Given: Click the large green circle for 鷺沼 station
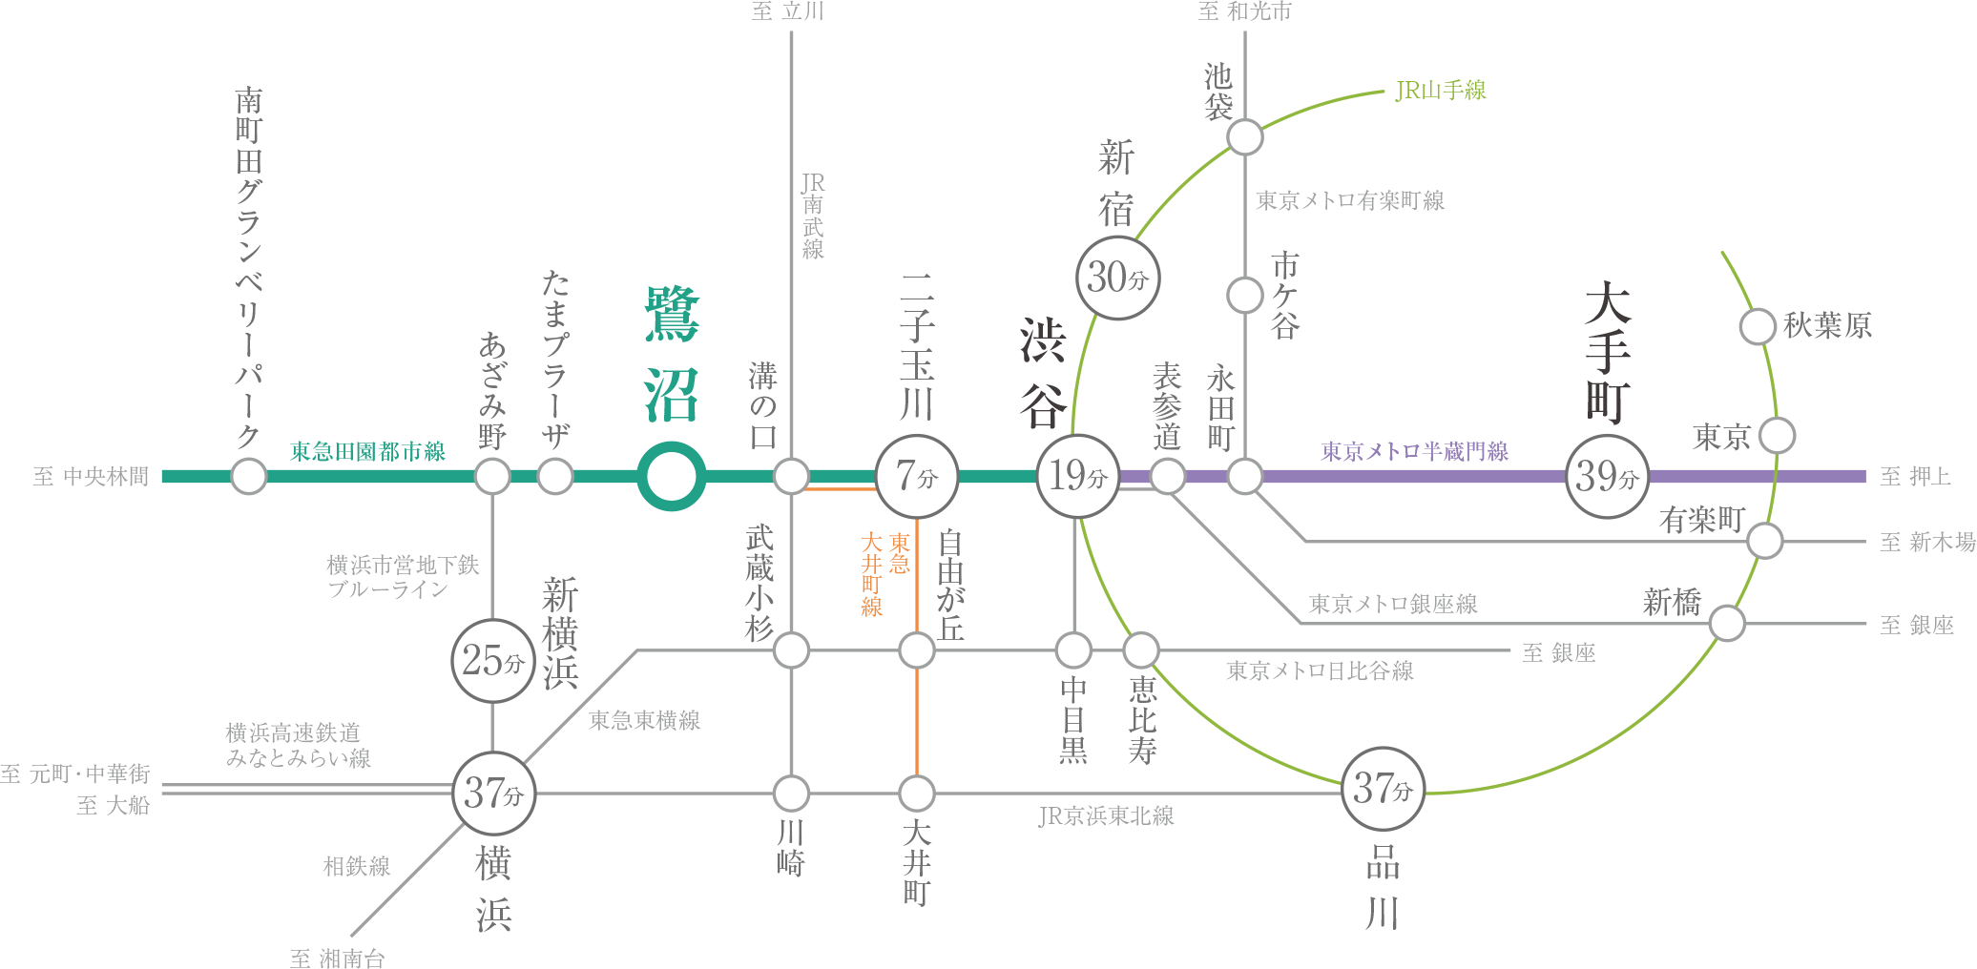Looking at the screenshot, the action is point(672,476).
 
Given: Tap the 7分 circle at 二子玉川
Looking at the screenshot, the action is point(917,476).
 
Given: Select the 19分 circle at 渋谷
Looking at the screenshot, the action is point(1078,476).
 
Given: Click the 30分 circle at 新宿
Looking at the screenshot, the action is point(1118,278).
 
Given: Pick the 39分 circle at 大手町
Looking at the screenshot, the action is point(1608,476).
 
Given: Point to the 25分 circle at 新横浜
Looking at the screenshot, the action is point(493,660).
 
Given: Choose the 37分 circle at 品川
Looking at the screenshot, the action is point(1384,789).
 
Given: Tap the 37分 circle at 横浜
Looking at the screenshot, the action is point(494,793).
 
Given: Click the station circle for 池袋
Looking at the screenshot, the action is point(1245,137).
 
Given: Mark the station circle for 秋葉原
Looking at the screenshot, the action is point(1758,326).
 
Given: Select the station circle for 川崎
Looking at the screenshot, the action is point(791,793).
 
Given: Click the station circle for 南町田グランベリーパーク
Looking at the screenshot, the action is point(249,476).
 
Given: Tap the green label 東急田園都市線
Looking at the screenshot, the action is point(368,451).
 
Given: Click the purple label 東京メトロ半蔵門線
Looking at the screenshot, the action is point(1415,451).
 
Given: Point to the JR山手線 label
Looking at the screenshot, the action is point(1441,91).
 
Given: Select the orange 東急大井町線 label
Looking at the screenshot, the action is point(885,574).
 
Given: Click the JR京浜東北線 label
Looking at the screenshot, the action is point(1106,815).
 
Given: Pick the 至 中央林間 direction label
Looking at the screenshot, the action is point(92,476).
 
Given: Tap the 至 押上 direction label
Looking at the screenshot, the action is point(1916,476).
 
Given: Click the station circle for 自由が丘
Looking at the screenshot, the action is point(917,650).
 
